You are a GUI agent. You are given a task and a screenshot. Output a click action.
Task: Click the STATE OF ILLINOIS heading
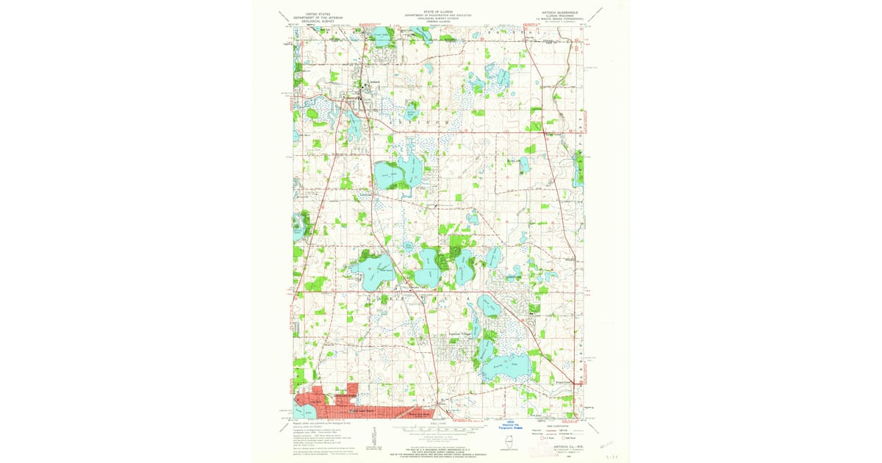point(440,12)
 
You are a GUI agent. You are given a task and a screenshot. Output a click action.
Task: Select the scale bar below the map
point(440,430)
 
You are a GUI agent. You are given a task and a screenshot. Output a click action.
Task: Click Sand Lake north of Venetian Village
point(488,305)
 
